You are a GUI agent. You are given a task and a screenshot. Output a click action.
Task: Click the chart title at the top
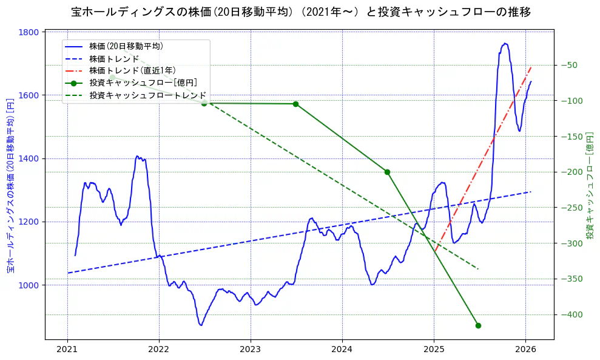coord(300,12)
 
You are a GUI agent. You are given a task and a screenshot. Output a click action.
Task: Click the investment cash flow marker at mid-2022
coord(204,103)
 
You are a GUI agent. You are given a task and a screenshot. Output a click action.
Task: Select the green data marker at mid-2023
coord(295,104)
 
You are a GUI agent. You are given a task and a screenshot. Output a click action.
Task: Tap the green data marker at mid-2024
coord(387,172)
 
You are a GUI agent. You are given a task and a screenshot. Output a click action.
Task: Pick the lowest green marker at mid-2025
coord(478,325)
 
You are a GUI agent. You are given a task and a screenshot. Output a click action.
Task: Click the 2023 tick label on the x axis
coord(250,350)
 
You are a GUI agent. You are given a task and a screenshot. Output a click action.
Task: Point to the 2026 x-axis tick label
coord(525,350)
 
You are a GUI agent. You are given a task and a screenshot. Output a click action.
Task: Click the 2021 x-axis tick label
coord(67,350)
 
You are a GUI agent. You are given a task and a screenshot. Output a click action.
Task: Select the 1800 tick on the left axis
coord(29,32)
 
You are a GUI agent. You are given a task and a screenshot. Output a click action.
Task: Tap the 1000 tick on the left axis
coord(29,285)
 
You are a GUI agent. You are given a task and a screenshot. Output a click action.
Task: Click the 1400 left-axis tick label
coord(29,158)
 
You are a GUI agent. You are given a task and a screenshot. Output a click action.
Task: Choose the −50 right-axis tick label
coord(570,65)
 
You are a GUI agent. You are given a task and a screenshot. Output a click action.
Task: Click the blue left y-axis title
coord(10,185)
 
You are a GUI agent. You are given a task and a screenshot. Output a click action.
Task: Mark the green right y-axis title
coord(589,185)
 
